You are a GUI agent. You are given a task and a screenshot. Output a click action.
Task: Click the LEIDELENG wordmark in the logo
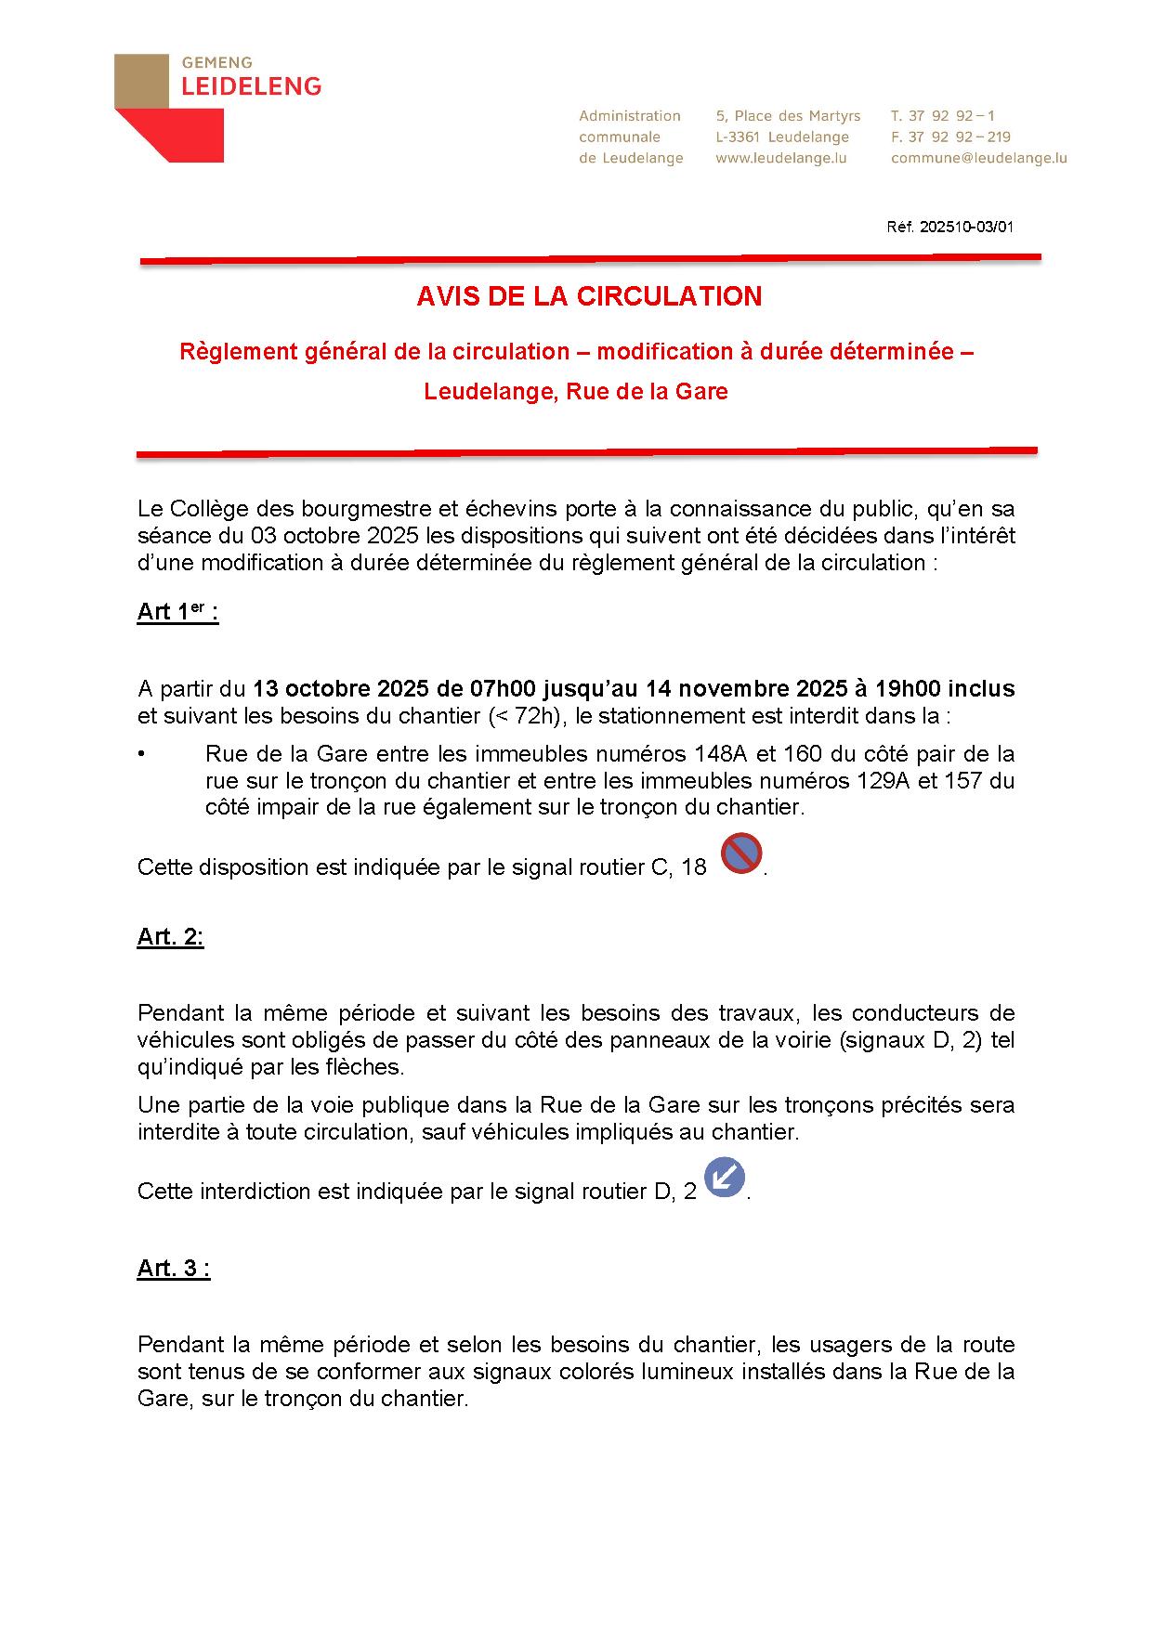click(x=251, y=86)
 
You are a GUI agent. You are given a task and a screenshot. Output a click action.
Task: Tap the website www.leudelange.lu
click(x=780, y=158)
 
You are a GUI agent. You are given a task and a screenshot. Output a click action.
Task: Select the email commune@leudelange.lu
click(x=978, y=158)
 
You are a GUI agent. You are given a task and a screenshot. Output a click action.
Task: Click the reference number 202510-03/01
click(x=966, y=227)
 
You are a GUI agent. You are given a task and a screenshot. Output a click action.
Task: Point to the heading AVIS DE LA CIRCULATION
click(x=589, y=296)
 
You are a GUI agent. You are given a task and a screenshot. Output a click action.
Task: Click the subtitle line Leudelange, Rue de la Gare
click(x=576, y=391)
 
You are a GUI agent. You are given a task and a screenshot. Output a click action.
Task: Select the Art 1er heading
click(x=177, y=612)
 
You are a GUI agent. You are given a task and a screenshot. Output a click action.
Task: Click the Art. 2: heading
click(x=170, y=936)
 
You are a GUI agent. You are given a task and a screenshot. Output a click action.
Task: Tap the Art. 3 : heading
click(x=174, y=1269)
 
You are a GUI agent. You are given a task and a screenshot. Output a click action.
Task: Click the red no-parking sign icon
click(x=741, y=854)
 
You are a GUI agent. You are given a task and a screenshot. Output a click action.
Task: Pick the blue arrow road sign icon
click(x=725, y=1178)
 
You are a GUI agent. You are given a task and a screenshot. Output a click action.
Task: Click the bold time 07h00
click(x=504, y=689)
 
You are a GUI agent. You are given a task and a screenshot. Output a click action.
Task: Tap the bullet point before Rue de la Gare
click(x=141, y=753)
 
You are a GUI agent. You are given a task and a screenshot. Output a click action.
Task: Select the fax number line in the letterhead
click(x=950, y=137)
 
